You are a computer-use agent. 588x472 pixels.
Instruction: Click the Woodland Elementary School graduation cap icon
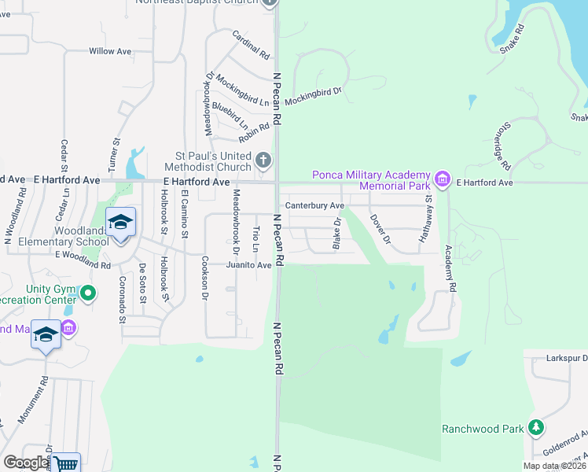[x=120, y=223]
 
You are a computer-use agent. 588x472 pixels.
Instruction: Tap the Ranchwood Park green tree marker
[x=536, y=428]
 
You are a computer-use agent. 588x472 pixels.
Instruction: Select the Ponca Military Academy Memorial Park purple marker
[x=443, y=180]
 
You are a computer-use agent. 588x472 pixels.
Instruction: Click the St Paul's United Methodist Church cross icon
[x=263, y=161]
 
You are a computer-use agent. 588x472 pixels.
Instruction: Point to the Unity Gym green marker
[x=87, y=294]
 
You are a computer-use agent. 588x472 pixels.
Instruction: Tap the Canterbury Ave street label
[x=314, y=205]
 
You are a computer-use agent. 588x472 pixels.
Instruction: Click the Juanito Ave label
[x=248, y=265]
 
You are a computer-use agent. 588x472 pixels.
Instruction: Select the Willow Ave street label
[x=110, y=51]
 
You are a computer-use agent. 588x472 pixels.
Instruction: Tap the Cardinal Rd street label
[x=251, y=46]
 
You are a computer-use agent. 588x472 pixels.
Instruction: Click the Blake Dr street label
[x=336, y=234]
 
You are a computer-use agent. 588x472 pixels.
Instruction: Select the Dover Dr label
[x=380, y=229]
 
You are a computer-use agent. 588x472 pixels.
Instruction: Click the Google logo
[x=26, y=463]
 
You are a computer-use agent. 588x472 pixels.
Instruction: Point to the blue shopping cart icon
[x=66, y=463]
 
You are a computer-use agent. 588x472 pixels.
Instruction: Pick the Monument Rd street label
[x=33, y=400]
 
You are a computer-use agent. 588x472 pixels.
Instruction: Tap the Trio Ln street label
[x=256, y=239]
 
